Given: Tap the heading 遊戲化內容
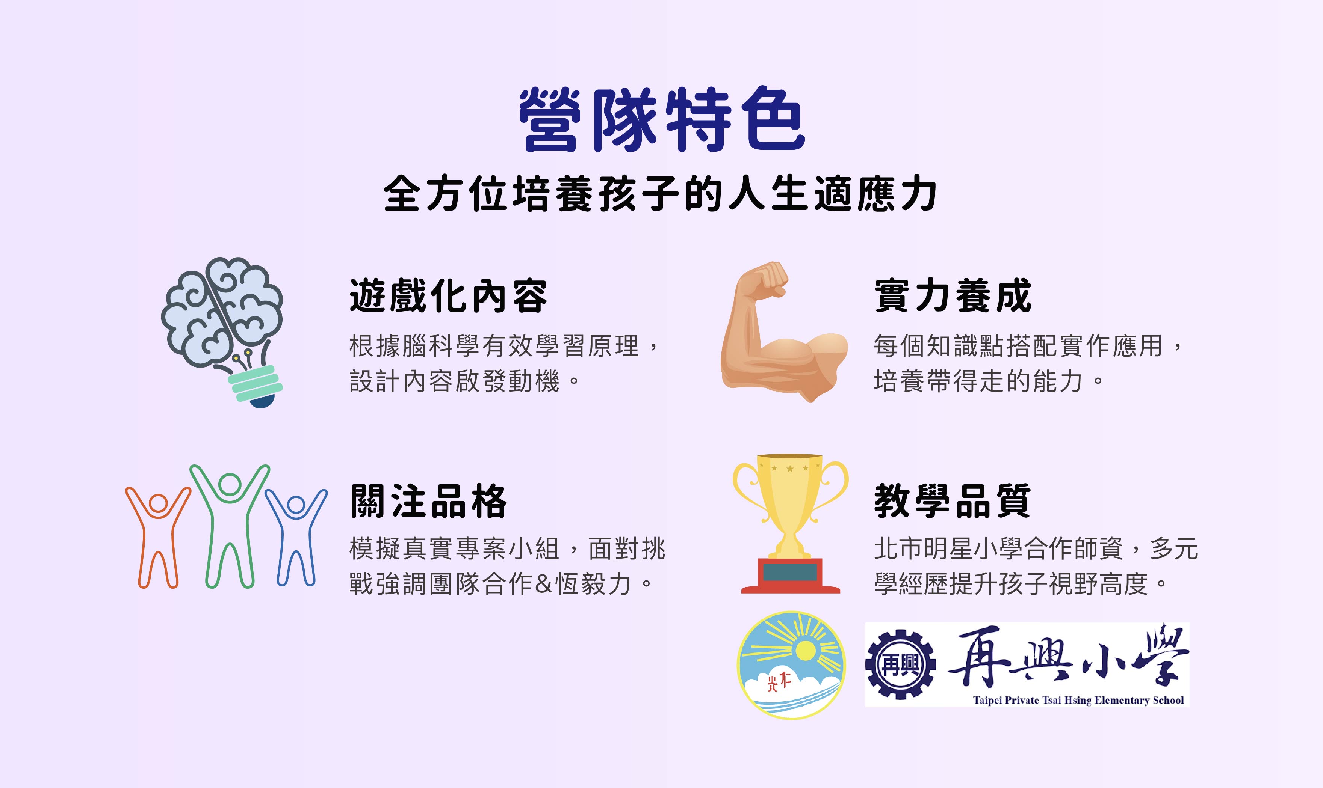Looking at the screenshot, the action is [x=448, y=296].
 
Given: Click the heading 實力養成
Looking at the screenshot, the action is [x=953, y=296].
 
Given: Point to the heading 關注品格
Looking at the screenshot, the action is [x=428, y=501].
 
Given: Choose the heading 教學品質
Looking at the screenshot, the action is [x=953, y=501].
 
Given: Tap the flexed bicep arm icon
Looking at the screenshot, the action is [x=784, y=332].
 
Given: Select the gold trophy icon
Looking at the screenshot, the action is [x=791, y=523].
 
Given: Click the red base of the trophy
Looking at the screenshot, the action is [x=791, y=576].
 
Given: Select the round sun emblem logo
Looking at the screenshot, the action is [x=791, y=665].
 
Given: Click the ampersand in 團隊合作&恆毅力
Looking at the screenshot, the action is [x=544, y=584].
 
